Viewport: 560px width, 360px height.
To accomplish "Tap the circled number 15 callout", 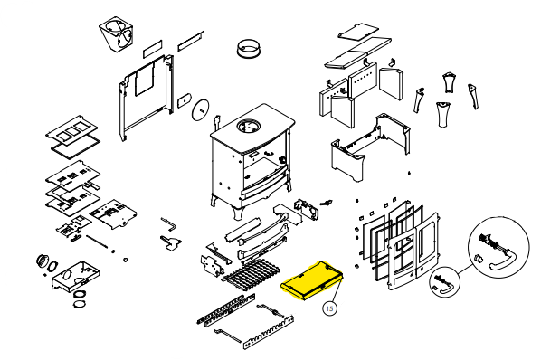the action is coord(329,308).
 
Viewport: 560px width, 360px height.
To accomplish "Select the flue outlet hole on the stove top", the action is coord(248,126).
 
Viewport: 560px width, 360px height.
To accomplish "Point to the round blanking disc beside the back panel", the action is coord(201,109).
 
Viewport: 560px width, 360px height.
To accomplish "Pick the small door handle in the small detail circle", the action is coord(446,287).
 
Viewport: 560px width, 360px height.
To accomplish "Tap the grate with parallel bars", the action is coord(252,273).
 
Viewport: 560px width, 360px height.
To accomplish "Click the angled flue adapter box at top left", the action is coord(117,33).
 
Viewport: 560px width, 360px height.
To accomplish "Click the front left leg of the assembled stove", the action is coord(238,213).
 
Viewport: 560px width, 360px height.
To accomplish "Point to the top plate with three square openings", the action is coord(71,131).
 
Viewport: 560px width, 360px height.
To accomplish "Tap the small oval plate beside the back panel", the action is coord(184,101).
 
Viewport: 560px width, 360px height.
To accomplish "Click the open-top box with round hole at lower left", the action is coord(76,275).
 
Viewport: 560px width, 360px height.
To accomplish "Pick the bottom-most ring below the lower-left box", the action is coord(79,304).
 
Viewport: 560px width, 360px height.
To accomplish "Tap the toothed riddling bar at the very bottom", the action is coord(268,333).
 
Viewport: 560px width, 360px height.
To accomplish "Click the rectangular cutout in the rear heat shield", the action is coord(145,81).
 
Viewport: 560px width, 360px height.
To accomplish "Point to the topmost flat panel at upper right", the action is coord(358,31).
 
